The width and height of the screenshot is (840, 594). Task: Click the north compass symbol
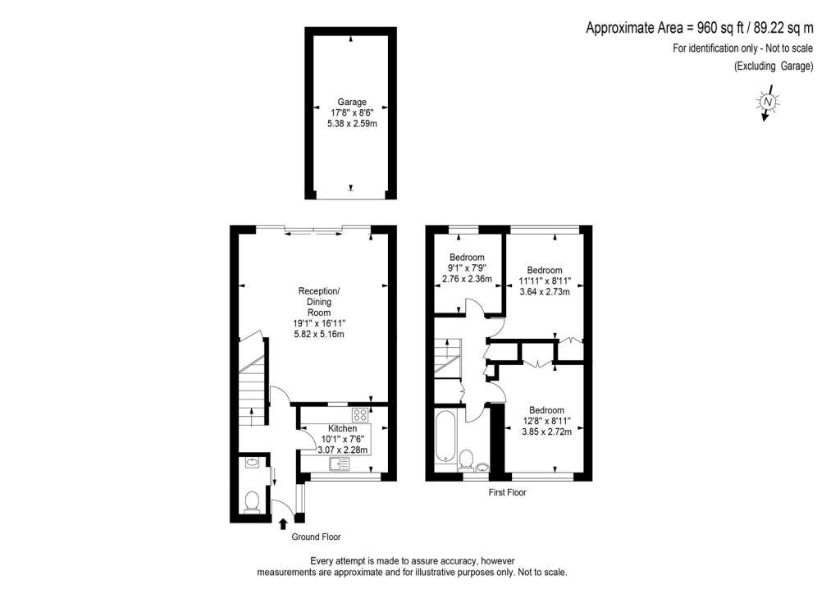[x=767, y=103]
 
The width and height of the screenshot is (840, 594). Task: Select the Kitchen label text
[x=343, y=429]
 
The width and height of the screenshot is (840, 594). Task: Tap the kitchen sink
[x=339, y=464]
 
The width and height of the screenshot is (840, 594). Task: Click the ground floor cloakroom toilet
[x=252, y=499]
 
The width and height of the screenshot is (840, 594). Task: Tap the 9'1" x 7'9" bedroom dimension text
[x=467, y=267]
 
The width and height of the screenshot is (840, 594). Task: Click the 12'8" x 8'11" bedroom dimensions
[x=546, y=421]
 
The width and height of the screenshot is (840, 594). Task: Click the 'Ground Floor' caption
[x=316, y=537]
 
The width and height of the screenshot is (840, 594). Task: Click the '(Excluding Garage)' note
[x=773, y=66]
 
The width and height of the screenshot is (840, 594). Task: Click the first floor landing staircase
[x=447, y=361]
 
